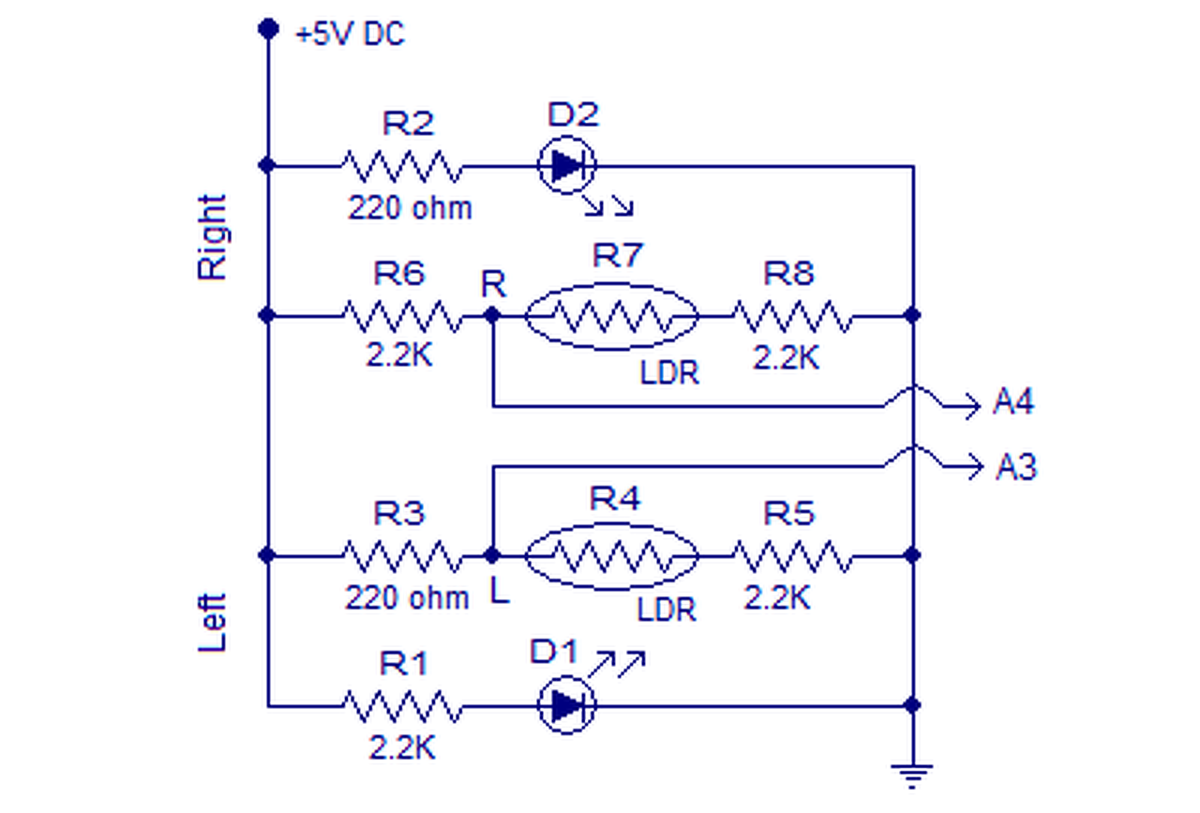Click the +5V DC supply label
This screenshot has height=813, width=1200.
351,35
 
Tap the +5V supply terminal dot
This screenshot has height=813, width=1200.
268,28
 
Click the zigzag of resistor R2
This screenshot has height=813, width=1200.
402,167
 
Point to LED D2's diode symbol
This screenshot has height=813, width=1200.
567,165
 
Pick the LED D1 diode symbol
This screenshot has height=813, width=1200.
567,705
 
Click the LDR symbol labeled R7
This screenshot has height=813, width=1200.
612,316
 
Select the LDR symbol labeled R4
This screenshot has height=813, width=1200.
612,556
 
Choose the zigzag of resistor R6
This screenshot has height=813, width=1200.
402,317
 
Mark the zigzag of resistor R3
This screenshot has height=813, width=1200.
402,557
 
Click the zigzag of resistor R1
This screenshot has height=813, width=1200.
402,707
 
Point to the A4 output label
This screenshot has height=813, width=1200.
1013,401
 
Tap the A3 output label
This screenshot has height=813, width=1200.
1016,467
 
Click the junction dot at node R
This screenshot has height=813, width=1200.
492,315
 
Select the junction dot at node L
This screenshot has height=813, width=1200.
492,555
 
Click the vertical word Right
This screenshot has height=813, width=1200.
213,237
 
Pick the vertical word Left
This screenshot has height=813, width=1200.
213,623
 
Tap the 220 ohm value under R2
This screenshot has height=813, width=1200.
411,208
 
